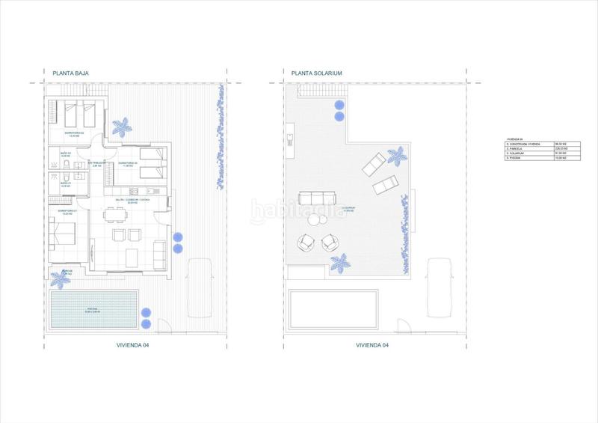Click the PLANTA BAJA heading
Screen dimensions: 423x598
(69, 73)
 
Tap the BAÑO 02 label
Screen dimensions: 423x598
(65, 153)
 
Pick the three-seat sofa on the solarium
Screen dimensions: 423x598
(314, 199)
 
